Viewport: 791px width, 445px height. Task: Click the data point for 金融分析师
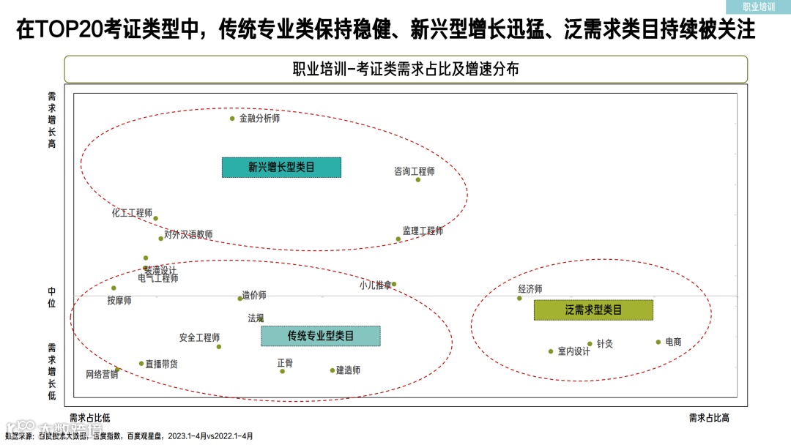click(x=233, y=119)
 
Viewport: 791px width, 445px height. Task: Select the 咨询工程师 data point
click(x=418, y=179)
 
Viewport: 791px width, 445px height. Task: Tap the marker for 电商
click(x=658, y=342)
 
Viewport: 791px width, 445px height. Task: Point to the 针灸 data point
click(x=590, y=344)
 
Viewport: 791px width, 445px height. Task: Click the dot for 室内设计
click(x=551, y=351)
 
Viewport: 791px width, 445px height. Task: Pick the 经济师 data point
click(x=520, y=298)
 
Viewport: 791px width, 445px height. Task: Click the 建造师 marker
click(x=332, y=370)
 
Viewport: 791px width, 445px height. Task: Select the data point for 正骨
click(x=283, y=371)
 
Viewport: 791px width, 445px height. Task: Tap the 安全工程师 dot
click(x=218, y=347)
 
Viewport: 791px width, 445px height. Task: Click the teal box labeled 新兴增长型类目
click(x=281, y=168)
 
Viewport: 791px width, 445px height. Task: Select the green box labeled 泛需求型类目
click(x=593, y=310)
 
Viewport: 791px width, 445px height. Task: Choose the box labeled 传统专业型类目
click(x=321, y=336)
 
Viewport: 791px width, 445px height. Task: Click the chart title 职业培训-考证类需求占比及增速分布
click(x=406, y=70)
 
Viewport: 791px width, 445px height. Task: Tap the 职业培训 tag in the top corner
click(x=759, y=7)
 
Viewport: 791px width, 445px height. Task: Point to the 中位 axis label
click(x=51, y=297)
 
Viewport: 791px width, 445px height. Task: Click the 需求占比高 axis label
click(x=709, y=418)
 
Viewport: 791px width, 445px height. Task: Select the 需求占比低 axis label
click(x=90, y=418)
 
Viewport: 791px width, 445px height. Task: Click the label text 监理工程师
click(x=423, y=231)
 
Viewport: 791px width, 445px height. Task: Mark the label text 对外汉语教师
click(x=189, y=235)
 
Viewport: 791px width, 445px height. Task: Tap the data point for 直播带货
click(x=142, y=364)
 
